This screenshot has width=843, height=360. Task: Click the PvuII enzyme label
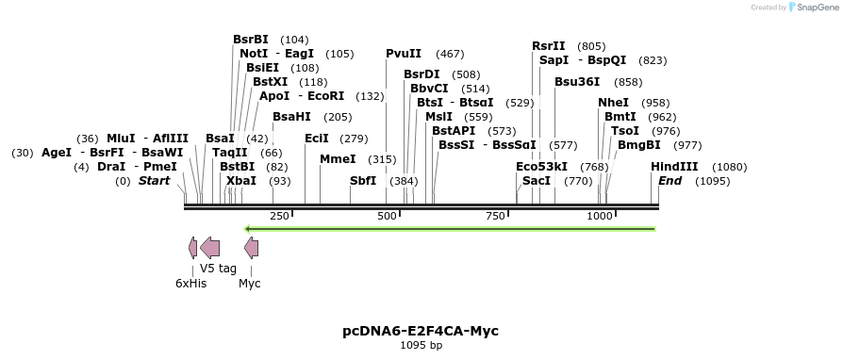coord(404,54)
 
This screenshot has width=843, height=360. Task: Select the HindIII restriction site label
coord(674,167)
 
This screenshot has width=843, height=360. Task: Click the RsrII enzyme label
coord(549,45)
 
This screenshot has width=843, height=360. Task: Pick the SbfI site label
coord(363,181)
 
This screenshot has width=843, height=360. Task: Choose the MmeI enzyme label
coord(338,159)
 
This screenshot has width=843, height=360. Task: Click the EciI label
coord(317,139)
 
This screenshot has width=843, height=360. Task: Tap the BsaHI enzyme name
coord(291,117)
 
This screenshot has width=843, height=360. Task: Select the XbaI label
coord(240,181)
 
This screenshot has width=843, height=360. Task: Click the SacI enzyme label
coord(537,181)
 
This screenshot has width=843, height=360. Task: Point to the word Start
coord(155,181)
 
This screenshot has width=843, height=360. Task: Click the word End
coord(669,181)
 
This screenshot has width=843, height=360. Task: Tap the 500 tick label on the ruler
coord(387,217)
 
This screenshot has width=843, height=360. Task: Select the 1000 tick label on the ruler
coord(600,217)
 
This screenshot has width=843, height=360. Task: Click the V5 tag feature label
coord(218,269)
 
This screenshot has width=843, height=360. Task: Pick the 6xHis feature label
coord(190,283)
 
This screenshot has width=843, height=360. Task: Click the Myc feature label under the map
coord(250,283)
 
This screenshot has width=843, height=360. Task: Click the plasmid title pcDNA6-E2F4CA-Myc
coord(421,331)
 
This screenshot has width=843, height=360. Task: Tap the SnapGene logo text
coord(812,8)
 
